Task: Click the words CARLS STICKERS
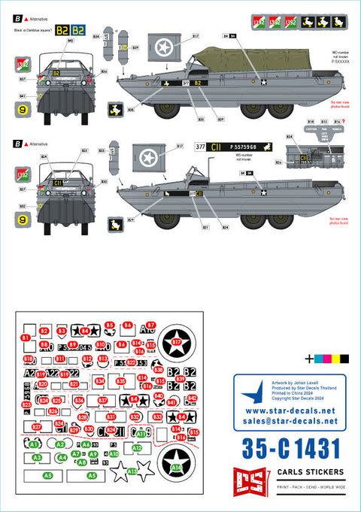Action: click(299, 471)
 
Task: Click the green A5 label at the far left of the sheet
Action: click(48, 476)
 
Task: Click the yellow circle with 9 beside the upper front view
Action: click(23, 110)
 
